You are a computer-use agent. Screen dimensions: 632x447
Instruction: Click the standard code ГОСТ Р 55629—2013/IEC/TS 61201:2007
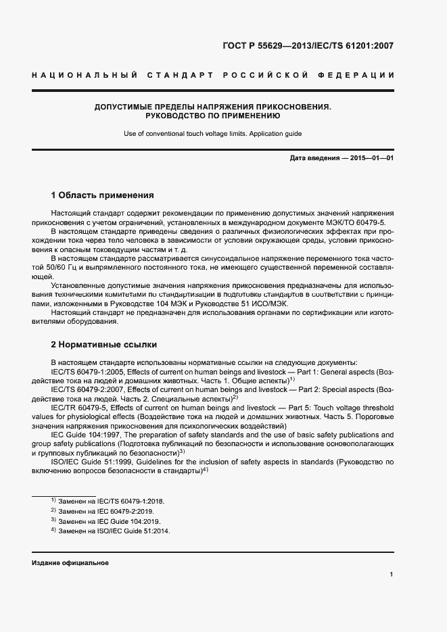coord(308,47)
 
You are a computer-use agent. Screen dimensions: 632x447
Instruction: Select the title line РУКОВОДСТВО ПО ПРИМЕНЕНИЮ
coord(212,116)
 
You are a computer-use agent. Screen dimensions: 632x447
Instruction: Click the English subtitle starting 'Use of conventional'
coord(212,134)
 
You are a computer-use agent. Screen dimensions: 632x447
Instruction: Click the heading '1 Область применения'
coord(103,195)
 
